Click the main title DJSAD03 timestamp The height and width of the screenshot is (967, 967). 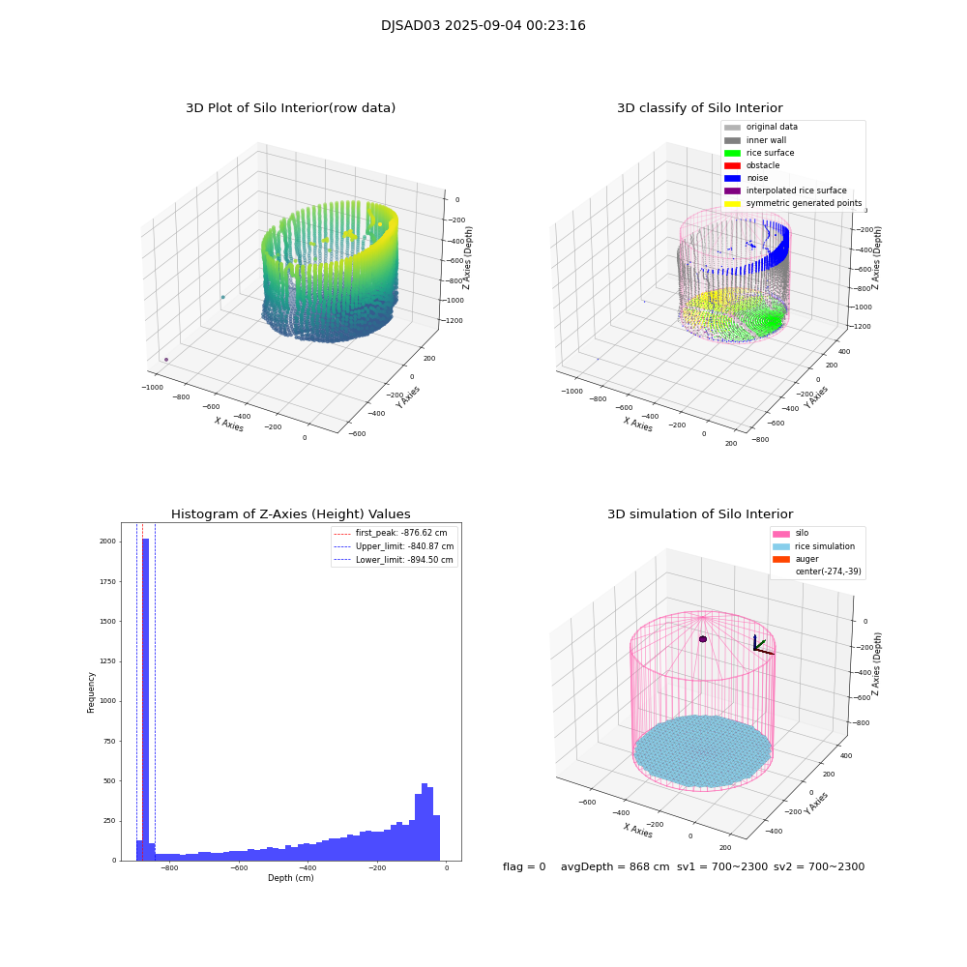483,26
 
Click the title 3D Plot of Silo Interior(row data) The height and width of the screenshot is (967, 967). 290,108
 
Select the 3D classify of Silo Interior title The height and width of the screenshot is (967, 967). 699,108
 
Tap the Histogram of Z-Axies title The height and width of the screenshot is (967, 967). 290,514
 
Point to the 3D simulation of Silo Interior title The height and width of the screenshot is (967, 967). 699,514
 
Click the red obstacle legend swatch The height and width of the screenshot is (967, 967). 732,165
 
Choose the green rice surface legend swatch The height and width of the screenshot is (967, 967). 732,153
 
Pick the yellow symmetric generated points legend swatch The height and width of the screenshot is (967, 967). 732,203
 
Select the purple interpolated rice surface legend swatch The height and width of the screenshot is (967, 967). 732,190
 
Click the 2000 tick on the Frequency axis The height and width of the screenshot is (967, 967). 106,542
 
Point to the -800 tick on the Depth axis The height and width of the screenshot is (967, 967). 169,868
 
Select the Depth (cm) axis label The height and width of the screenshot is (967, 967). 290,878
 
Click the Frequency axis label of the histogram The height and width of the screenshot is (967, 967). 92,692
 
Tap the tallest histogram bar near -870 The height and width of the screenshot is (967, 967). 146,696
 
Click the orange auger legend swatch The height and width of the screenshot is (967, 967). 780,559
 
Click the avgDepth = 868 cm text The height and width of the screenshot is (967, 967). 615,867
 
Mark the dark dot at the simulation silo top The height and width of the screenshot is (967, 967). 703,639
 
